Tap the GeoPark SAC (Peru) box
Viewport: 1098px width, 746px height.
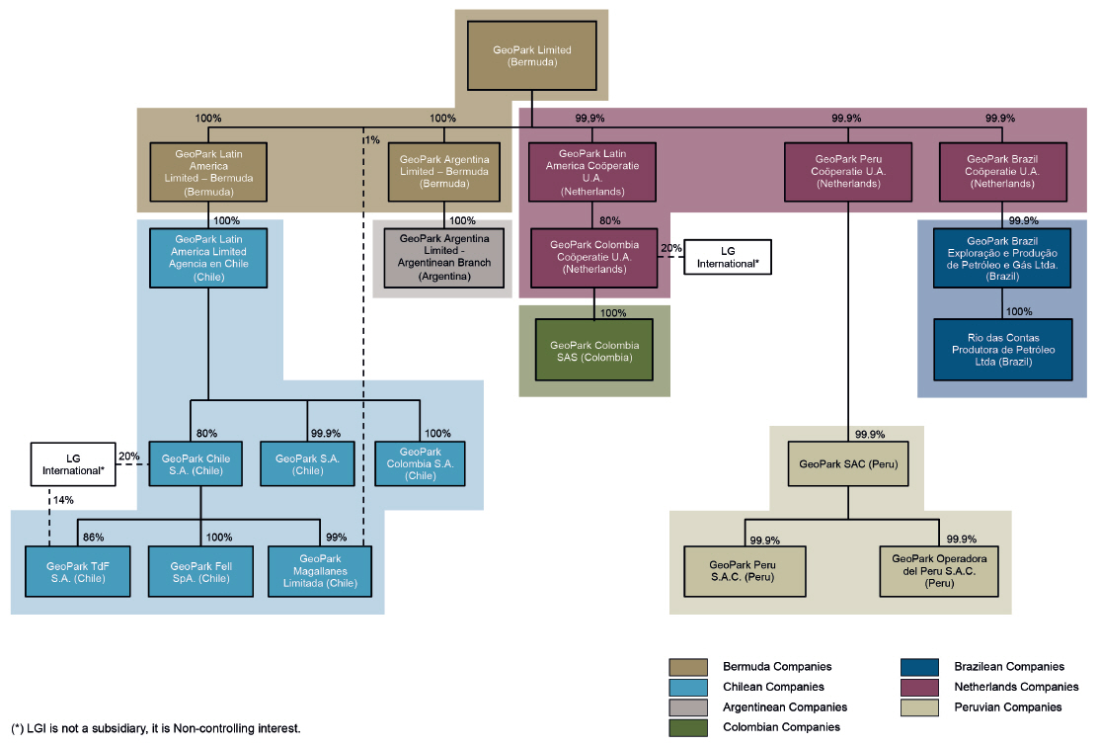click(848, 463)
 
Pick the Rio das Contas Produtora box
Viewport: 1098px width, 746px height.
click(1002, 349)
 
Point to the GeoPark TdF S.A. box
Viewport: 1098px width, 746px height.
click(78, 571)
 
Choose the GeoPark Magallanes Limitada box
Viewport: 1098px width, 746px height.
click(320, 571)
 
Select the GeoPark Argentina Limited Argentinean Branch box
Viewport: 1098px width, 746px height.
click(444, 258)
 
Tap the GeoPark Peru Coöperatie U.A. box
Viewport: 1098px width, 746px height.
click(848, 170)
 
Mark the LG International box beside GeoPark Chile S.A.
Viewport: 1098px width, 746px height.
click(72, 463)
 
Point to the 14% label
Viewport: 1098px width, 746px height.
click(63, 501)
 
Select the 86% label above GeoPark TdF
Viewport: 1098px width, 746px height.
click(93, 538)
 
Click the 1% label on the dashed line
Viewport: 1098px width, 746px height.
click(372, 139)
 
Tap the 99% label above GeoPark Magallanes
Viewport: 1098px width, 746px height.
click(337, 538)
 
